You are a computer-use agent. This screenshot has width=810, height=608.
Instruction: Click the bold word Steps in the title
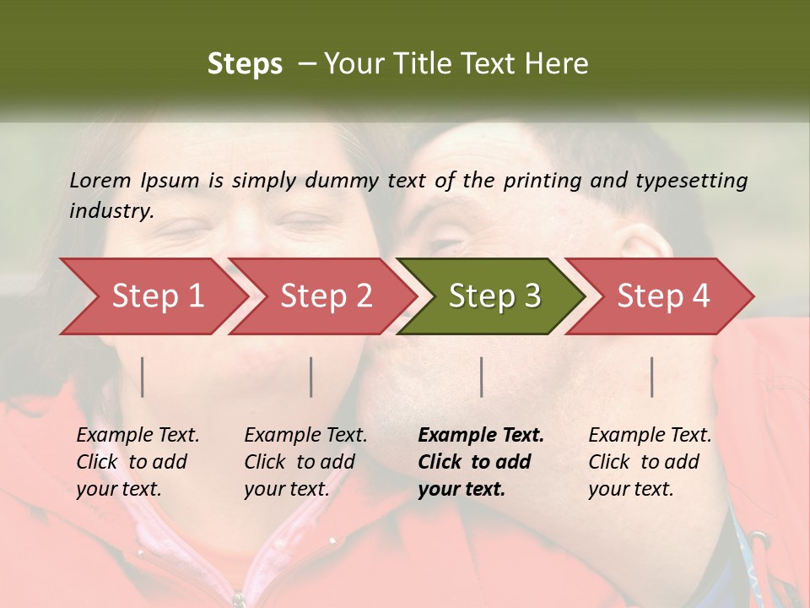click(x=245, y=64)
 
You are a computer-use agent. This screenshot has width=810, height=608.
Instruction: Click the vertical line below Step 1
click(x=143, y=377)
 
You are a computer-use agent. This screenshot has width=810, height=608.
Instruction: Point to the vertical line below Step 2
click(x=311, y=377)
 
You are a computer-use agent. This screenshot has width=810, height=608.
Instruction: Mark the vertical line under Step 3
click(x=482, y=377)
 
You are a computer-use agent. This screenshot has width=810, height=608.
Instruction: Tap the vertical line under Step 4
click(x=652, y=377)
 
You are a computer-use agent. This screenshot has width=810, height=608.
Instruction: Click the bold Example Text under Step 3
click(x=481, y=462)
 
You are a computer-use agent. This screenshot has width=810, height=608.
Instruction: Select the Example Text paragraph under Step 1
click(x=138, y=462)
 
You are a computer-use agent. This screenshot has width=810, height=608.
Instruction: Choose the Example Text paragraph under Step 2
click(x=305, y=462)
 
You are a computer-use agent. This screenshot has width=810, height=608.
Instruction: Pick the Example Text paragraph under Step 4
click(x=650, y=462)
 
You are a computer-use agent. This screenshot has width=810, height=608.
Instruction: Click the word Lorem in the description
click(x=100, y=180)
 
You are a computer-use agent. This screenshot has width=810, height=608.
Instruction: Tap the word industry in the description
click(x=111, y=211)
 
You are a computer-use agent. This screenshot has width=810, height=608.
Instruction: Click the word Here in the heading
click(x=559, y=64)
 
